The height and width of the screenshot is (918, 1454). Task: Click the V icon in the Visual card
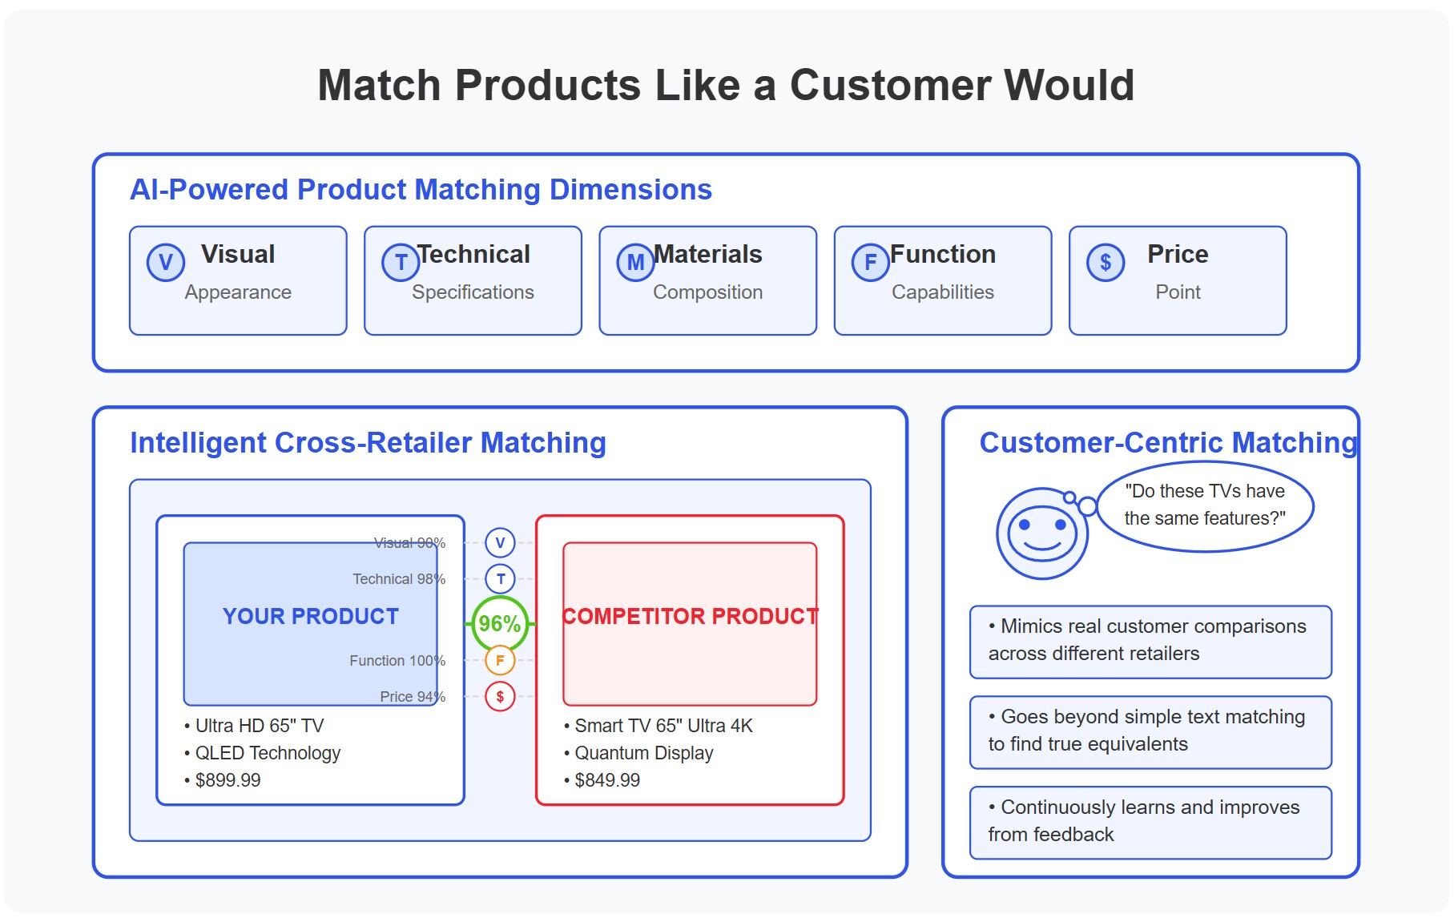coord(166,262)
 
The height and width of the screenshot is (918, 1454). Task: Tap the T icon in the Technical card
coord(401,262)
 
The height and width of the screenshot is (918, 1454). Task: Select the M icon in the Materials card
coord(635,262)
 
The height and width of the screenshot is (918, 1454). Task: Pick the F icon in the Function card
coord(870,262)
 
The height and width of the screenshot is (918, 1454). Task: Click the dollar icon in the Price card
coord(1105,262)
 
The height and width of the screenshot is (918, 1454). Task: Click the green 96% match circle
coord(500,623)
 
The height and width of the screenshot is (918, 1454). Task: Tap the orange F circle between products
coord(500,660)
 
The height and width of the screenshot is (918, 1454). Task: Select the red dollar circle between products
coord(500,696)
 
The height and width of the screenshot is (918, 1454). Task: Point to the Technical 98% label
coord(399,578)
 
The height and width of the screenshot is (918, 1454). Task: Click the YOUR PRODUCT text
coord(311,616)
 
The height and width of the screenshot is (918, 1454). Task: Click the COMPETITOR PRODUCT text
coord(690,616)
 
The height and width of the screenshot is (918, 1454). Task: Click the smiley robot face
coord(1041,533)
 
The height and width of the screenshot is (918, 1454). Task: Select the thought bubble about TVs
coord(1204,505)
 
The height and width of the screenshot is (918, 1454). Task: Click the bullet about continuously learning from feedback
coord(1150,821)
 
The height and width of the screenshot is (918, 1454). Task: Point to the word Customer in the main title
coord(890,85)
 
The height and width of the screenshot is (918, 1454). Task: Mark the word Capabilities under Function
coord(942,292)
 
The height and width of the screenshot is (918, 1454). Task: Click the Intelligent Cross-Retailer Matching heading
coord(368,443)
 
